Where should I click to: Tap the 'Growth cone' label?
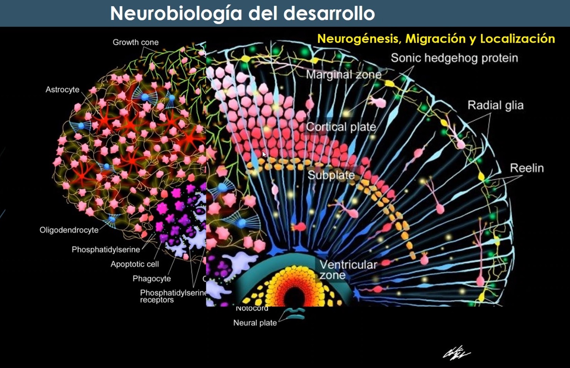[x=135, y=42]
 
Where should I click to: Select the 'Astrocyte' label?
[x=62, y=90]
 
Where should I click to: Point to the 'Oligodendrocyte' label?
[x=69, y=230]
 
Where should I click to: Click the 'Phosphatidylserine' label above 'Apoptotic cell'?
[x=106, y=250]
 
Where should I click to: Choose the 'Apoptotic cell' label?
[x=135, y=264]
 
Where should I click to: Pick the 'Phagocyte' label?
[x=152, y=278]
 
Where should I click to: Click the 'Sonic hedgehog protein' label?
[x=454, y=58]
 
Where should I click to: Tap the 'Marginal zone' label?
[x=344, y=75]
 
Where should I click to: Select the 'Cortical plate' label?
[x=341, y=127]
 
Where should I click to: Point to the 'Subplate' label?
[x=331, y=175]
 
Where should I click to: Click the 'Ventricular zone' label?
[x=348, y=270]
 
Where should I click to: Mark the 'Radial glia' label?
[x=495, y=105]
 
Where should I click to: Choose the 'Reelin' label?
[x=527, y=168]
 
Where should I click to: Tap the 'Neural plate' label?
[x=255, y=323]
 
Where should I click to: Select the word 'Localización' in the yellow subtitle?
[x=517, y=39]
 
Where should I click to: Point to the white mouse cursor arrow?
[x=264, y=154]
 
